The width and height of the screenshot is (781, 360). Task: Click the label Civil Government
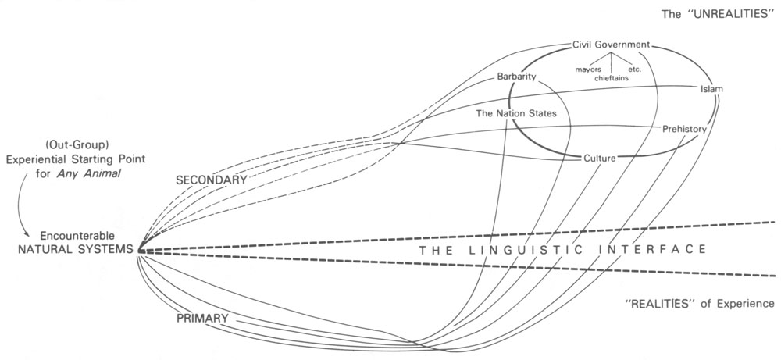[x=611, y=45]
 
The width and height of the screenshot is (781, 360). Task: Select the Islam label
[x=711, y=89]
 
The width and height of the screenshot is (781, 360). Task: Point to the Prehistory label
[x=684, y=128]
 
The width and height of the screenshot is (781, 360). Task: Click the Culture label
[x=600, y=158]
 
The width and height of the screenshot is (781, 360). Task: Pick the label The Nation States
[x=516, y=113]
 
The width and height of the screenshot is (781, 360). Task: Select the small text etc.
[x=634, y=70]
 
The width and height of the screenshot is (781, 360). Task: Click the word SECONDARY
[x=211, y=180]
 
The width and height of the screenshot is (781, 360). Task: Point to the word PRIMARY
[x=202, y=319]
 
